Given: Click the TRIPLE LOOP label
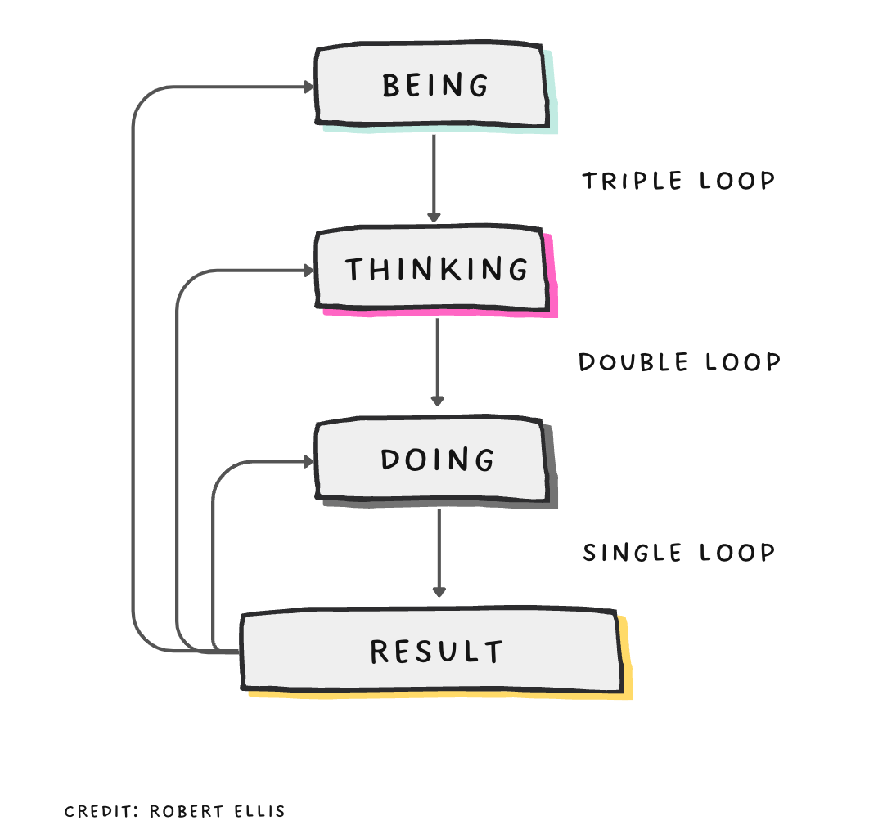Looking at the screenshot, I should coord(678,181).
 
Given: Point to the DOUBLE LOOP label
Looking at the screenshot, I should coord(679,362).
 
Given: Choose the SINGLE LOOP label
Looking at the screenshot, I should coord(678,554).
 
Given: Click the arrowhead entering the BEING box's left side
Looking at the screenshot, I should coord(309,87).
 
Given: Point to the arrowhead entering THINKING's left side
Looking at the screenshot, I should coord(309,270).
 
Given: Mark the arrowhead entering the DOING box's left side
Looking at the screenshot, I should coord(309,462).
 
